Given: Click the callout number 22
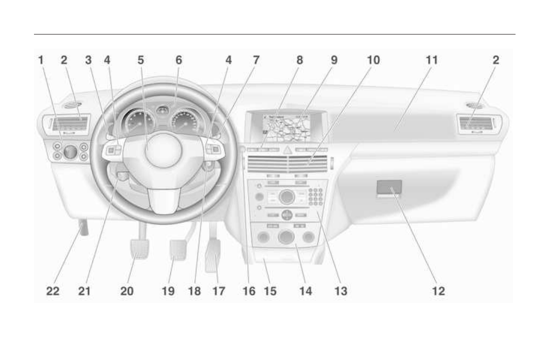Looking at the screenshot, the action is (53, 291).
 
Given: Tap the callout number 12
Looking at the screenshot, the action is (438, 291).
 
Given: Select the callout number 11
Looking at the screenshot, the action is (432, 60).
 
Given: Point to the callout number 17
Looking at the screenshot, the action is (218, 291).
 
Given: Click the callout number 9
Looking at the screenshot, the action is (334, 60).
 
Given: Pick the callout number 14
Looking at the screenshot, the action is (305, 291).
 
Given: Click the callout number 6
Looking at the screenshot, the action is (178, 60).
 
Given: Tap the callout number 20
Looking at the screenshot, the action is (127, 291).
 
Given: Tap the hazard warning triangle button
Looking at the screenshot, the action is (288, 149).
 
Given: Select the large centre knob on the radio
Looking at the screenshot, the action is (287, 196).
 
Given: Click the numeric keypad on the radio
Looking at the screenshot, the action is (315, 196).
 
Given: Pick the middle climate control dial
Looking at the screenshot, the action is (286, 237).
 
